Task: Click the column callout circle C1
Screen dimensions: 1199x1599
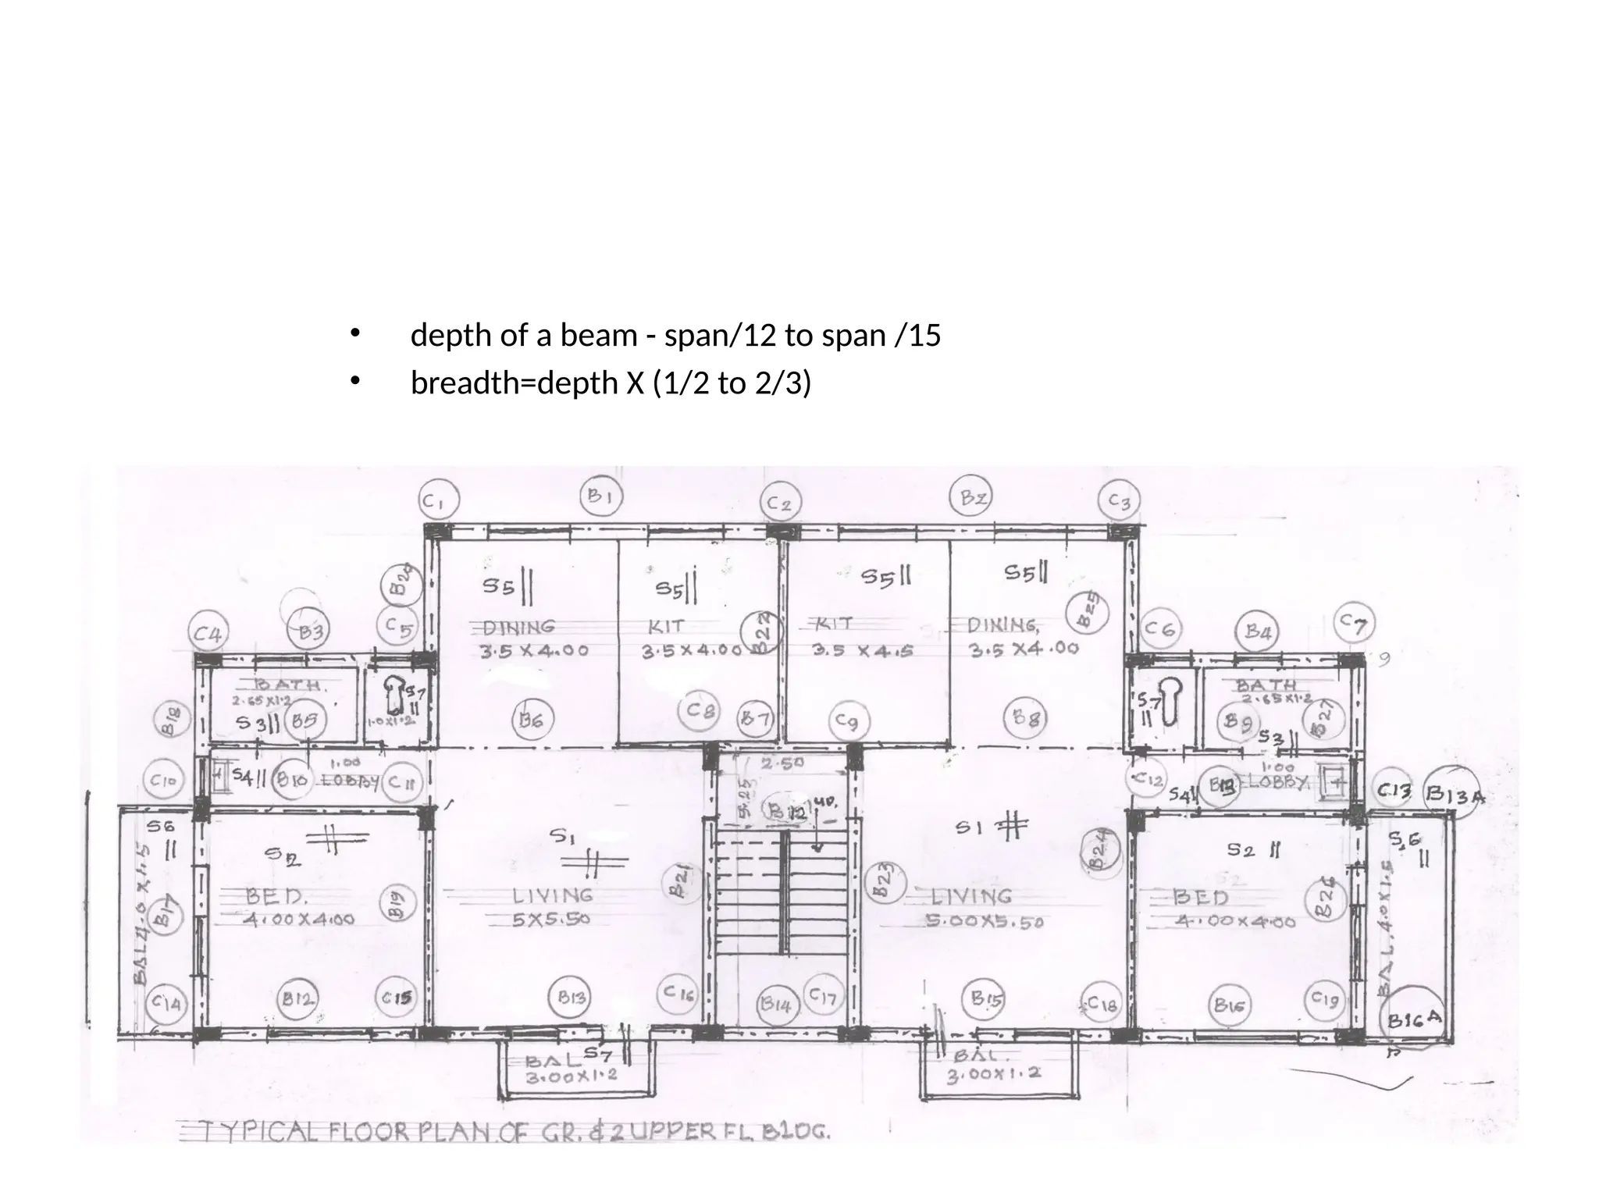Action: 440,500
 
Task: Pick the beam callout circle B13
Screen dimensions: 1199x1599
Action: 572,998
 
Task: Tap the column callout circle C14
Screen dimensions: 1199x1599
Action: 166,1002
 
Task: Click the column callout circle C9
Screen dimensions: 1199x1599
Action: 846,721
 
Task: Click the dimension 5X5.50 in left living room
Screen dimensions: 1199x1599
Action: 551,920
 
